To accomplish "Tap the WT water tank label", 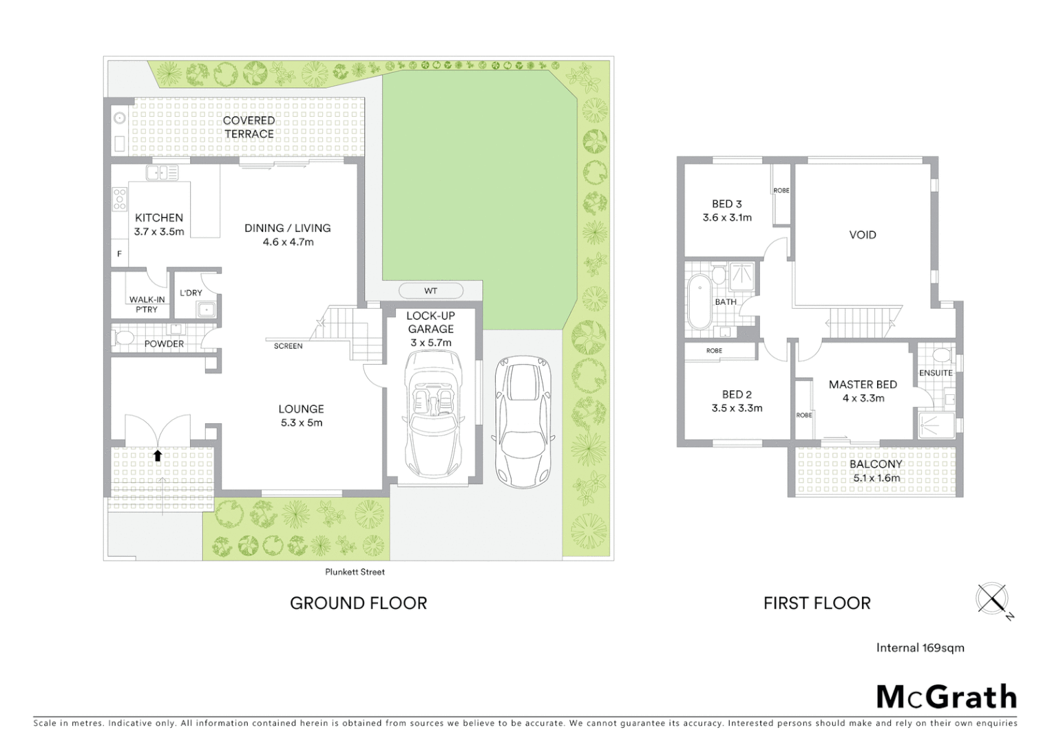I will [x=430, y=291].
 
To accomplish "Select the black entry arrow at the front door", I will [x=158, y=455].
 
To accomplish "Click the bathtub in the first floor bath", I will [x=697, y=301].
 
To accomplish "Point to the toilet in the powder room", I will [x=124, y=338].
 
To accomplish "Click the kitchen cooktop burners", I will [x=120, y=199].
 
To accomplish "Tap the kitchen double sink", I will [x=162, y=173].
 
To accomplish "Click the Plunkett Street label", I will [x=355, y=572].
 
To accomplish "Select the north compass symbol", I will [x=992, y=598].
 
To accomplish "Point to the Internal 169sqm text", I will [x=920, y=647].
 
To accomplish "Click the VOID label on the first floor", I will [x=862, y=235].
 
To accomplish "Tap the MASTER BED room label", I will [x=862, y=385].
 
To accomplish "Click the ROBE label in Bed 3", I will [x=781, y=191].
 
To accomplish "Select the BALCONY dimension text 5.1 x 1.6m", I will [x=876, y=478].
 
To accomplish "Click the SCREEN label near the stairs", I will [x=288, y=346].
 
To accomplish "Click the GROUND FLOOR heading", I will [x=358, y=603].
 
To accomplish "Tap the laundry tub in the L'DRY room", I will [x=206, y=310].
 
